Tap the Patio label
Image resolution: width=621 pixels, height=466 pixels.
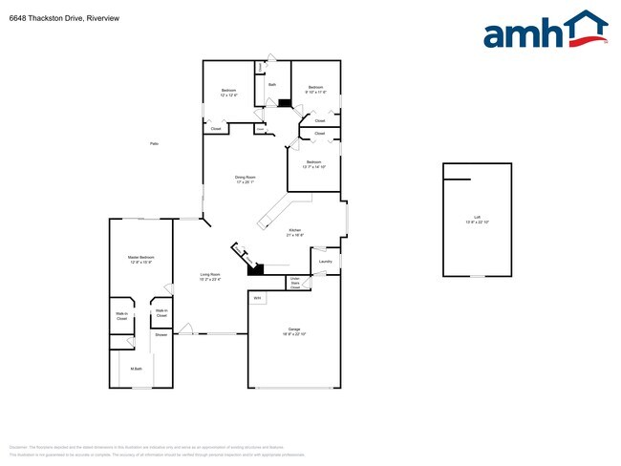click(154, 143)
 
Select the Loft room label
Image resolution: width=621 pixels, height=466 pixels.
click(477, 220)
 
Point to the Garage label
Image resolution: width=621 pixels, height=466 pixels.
click(293, 330)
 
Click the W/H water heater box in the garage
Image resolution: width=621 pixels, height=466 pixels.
click(257, 299)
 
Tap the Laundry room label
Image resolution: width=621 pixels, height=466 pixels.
click(325, 262)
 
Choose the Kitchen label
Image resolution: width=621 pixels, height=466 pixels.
click(295, 232)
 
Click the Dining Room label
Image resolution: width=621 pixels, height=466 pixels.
click(246, 179)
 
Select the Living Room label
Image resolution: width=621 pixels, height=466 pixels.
click(210, 277)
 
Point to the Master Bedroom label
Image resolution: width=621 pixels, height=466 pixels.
click(141, 259)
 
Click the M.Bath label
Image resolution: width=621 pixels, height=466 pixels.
click(136, 369)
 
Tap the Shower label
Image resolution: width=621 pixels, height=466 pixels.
click(161, 335)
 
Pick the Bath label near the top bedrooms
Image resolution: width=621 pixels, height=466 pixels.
click(272, 85)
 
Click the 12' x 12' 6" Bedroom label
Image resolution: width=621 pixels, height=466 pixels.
click(227, 93)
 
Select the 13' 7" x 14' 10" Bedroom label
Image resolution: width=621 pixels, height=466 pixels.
click(314, 164)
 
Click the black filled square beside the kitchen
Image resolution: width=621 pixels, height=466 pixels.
click(255, 269)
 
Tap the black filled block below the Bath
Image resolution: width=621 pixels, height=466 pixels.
click(284, 103)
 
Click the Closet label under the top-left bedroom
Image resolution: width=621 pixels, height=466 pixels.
click(216, 129)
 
